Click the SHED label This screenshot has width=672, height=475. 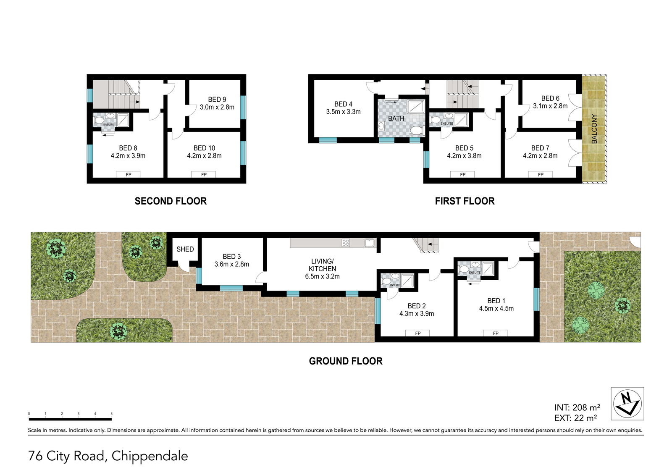click(x=185, y=249)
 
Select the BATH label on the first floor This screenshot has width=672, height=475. click(x=396, y=118)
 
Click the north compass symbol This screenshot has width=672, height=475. click(x=627, y=404)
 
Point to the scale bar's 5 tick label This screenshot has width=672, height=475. click(x=112, y=414)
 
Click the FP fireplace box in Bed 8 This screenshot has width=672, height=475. click(x=129, y=174)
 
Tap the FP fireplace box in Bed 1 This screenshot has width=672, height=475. click(x=495, y=333)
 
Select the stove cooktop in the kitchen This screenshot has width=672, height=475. click(x=346, y=243)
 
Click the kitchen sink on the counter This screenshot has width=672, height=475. click(x=369, y=242)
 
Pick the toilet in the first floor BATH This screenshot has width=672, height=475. click(x=416, y=130)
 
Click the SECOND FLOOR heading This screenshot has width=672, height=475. click(x=171, y=201)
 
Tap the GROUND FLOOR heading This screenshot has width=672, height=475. click(x=346, y=361)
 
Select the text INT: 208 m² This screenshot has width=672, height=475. click(x=577, y=407)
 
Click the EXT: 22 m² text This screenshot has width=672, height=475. click(x=575, y=418)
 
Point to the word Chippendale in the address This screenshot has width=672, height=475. click(x=150, y=456)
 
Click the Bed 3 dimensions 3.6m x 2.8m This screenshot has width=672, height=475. click(x=231, y=264)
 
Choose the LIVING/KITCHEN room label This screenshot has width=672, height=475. click(x=322, y=265)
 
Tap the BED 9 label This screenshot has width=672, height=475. click(x=217, y=100)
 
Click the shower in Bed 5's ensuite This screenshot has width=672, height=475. click(x=461, y=120)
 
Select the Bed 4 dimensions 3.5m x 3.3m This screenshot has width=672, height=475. click(x=343, y=112)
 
